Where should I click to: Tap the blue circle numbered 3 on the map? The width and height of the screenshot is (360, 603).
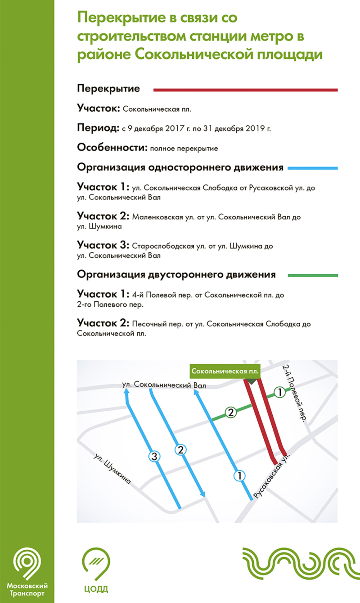[x=154, y=457]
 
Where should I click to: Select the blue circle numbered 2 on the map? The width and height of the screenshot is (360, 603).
[x=180, y=449]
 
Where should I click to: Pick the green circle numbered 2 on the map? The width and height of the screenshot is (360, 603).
[x=230, y=412]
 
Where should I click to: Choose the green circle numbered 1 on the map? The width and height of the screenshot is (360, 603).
[x=279, y=393]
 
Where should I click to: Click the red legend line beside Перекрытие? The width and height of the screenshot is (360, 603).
[x=245, y=91]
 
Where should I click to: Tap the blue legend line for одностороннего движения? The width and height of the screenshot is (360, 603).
[x=312, y=168]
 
